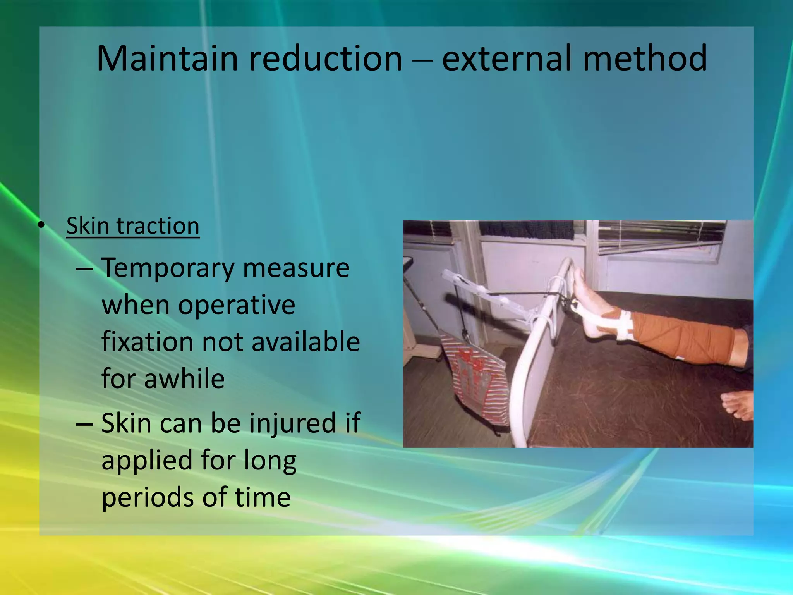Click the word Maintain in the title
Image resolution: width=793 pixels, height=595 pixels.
[x=167, y=58]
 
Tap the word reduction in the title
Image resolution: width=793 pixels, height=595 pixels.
[x=325, y=58]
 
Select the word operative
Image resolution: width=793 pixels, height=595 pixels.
[x=236, y=305]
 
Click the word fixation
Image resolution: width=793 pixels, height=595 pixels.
[x=146, y=342]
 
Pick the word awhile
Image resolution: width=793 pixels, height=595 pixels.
[x=184, y=378]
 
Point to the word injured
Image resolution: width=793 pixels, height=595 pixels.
[x=291, y=423]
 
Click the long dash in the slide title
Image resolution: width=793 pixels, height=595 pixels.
[x=422, y=61]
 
